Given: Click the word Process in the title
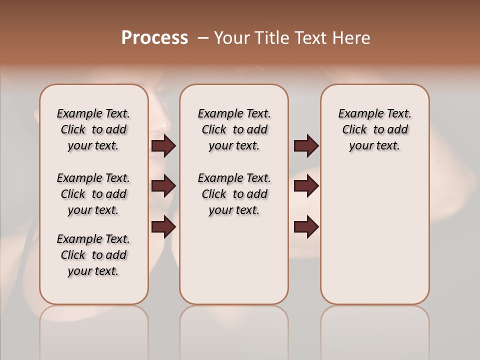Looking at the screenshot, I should [154, 38].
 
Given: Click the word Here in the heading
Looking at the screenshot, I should [352, 38].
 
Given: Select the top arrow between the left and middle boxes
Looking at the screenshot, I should [163, 145].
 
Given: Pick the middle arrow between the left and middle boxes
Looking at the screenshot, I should [163, 186].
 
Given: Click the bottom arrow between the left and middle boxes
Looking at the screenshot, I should [163, 226].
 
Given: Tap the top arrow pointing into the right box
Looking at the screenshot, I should [306, 145].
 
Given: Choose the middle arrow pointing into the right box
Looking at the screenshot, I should [306, 186].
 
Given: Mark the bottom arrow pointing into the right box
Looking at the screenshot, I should [306, 226].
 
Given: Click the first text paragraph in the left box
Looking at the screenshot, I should [93, 129].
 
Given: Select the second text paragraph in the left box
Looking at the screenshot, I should [93, 194].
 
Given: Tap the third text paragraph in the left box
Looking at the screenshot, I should [93, 255].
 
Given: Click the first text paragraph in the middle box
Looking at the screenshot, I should [234, 129].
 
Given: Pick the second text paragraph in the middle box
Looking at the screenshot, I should [234, 194].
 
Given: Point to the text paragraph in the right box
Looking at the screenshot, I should [374, 129].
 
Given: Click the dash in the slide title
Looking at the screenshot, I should [203, 38].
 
